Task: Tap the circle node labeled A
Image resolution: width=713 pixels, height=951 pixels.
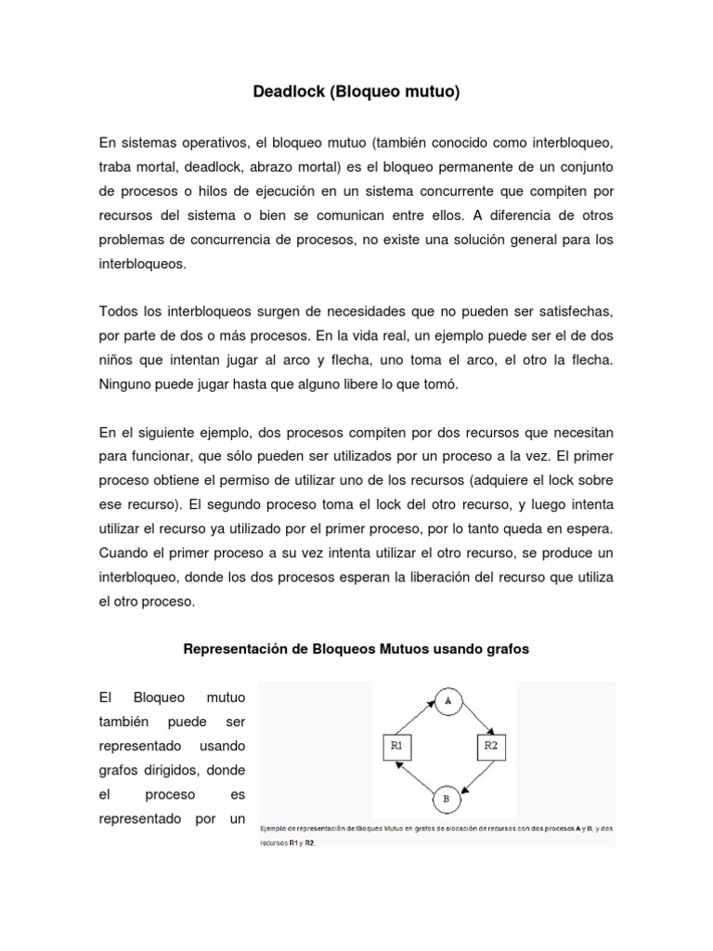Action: (x=447, y=701)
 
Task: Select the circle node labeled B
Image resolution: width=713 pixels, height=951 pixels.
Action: (x=446, y=798)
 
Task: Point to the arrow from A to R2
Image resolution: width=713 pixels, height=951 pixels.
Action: (x=477, y=719)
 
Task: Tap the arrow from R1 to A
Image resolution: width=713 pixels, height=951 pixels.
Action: (x=415, y=719)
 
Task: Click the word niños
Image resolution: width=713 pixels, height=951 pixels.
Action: (x=117, y=359)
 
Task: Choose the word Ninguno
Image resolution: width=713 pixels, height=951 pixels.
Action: (x=126, y=384)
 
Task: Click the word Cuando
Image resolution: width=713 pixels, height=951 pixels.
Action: (x=123, y=553)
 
